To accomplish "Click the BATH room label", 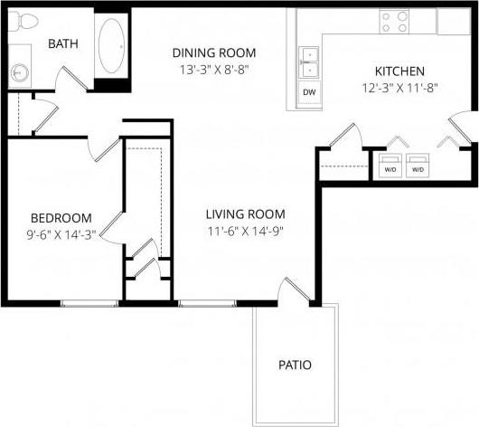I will [62, 43].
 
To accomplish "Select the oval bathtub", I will [112, 46].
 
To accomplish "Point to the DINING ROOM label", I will [214, 52].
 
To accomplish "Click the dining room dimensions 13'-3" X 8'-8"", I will [214, 69].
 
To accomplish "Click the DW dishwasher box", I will [309, 92].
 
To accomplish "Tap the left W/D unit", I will [390, 167].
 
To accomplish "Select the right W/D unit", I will [418, 167].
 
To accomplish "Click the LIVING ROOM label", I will [245, 214].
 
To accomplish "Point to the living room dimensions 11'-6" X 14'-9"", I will [245, 232].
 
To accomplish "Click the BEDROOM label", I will [61, 218].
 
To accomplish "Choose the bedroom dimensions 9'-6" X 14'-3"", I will [61, 234].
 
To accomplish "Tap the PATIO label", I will [295, 365].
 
